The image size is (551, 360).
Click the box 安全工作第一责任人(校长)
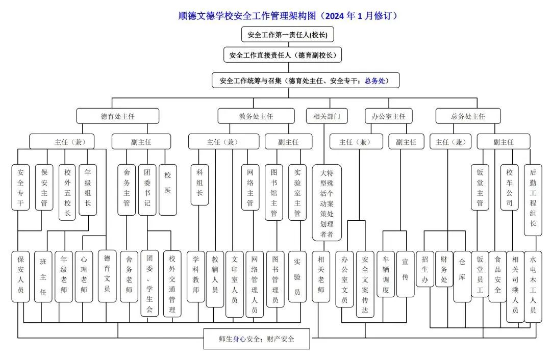tap(288, 35)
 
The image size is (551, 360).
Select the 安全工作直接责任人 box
tap(282, 55)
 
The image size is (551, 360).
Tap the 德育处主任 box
tap(118, 116)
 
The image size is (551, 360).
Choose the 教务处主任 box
tap(256, 116)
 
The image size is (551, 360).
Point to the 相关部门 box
tap(327, 116)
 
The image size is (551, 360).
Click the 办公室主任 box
tap(389, 116)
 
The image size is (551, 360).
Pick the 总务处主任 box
tap(468, 116)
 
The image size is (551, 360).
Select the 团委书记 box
tap(147, 189)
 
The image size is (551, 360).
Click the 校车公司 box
tap(509, 187)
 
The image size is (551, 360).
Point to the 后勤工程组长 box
tap(533, 200)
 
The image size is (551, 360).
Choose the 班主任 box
tap(43, 277)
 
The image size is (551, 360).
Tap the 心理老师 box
tap(84, 277)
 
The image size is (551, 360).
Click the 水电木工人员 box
tap(533, 286)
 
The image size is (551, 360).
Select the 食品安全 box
tap(498, 276)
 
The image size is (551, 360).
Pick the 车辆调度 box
tap(386, 274)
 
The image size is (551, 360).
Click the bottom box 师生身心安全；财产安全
tap(257, 339)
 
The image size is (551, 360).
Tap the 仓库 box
tap(462, 276)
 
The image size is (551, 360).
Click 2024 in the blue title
tap(335, 16)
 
